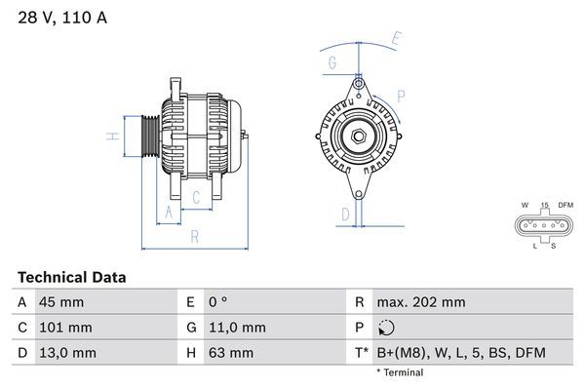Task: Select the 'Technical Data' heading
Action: coord(71,278)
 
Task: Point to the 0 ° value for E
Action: coord(217,303)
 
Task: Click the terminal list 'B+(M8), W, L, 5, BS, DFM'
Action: coord(462,352)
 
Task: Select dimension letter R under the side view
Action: coord(194,237)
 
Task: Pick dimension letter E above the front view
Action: coord(396,40)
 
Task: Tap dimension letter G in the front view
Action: coord(332,64)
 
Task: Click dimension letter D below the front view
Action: coord(344,214)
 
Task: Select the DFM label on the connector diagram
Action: coord(564,206)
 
